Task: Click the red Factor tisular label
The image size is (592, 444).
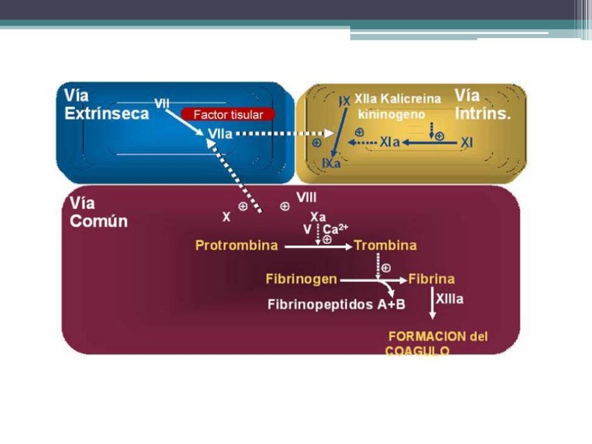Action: click(228, 114)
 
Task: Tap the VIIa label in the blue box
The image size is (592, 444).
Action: click(220, 134)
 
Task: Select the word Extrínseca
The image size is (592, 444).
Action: click(107, 114)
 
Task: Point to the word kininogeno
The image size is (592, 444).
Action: click(391, 114)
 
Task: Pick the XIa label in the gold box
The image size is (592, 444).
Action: click(390, 142)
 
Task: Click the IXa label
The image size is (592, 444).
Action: click(331, 164)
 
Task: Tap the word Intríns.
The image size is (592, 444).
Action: click(483, 114)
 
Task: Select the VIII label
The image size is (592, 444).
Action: click(306, 198)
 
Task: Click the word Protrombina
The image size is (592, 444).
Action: click(236, 245)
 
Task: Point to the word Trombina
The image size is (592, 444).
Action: click(385, 245)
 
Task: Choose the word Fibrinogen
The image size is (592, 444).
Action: click(301, 279)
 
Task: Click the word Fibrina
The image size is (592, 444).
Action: click(431, 279)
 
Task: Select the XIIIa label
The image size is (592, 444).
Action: click(450, 299)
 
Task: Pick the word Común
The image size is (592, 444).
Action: click(99, 221)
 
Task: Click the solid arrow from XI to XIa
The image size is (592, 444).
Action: click(430, 142)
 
